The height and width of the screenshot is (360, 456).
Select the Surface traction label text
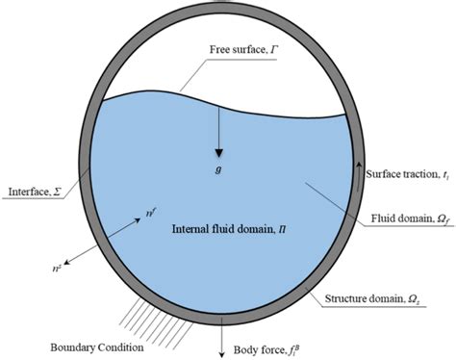(409, 173)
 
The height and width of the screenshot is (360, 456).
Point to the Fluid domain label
(411, 218)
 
